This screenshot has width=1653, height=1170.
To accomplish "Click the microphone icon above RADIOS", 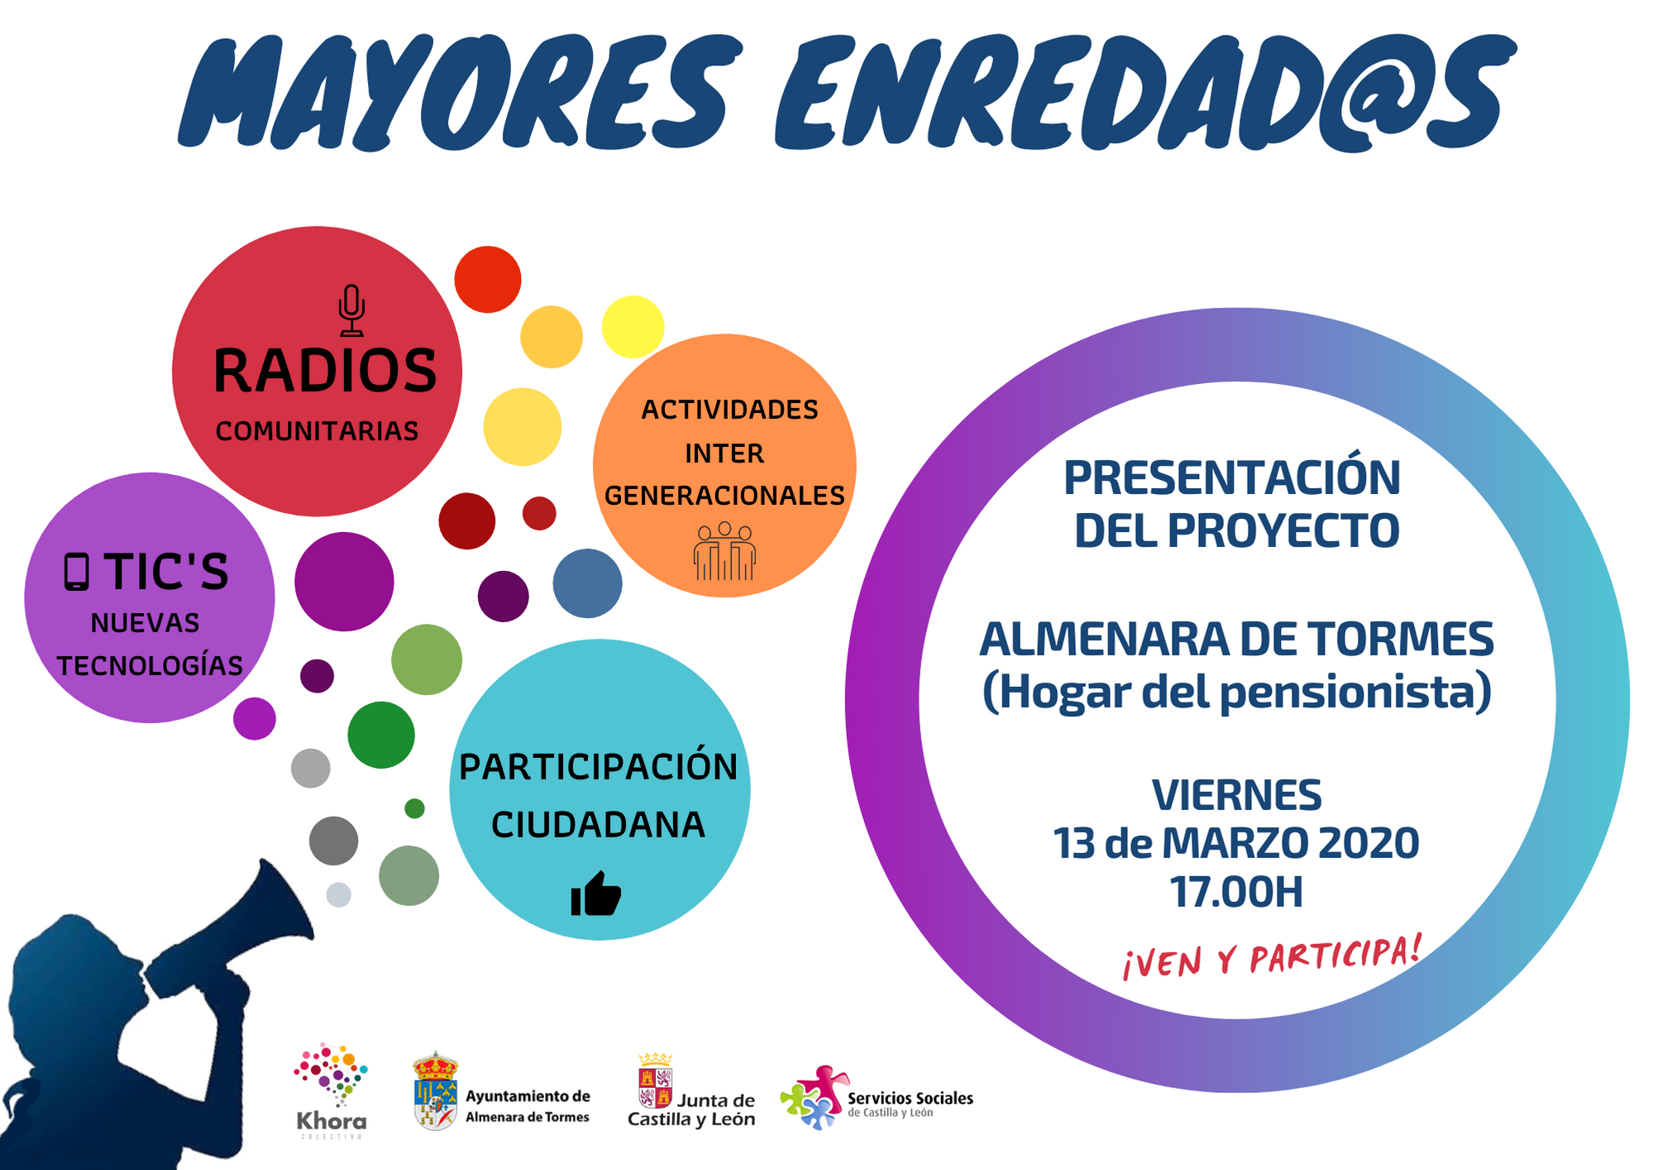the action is tap(351, 310).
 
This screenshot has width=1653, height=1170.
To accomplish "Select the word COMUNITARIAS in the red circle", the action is tap(317, 431).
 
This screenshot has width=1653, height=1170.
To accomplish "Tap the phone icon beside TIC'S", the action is tap(76, 572).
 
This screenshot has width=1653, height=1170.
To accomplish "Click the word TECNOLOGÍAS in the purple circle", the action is tap(150, 665).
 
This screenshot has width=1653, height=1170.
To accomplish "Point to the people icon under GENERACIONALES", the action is tap(724, 551).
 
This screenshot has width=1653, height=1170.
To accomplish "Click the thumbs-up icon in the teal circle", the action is tap(595, 894).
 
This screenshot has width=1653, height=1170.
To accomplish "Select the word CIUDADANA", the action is tap(598, 825).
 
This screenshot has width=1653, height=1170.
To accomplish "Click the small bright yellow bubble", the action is tap(633, 327).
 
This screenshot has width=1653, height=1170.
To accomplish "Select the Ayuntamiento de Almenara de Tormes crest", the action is tap(435, 1091).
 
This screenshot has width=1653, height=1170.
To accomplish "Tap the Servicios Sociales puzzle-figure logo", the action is tap(814, 1097).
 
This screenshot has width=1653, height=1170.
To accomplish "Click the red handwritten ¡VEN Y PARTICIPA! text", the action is tap(1272, 957).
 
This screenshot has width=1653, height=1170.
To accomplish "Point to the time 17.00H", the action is tap(1236, 892).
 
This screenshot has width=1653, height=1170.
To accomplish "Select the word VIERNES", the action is tap(1236, 795).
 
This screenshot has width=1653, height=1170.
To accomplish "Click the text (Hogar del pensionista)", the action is tap(1236, 691).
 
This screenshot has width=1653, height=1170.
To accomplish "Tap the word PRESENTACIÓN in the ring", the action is tap(1232, 477).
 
